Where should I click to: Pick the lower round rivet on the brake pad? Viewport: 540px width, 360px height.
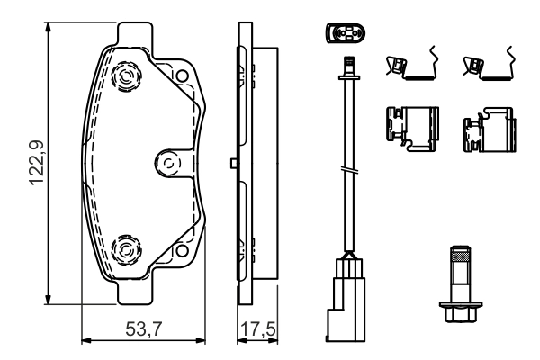[x=125, y=246]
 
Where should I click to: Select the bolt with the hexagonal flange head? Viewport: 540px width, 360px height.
[x=458, y=284]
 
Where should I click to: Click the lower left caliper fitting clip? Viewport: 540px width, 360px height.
[x=410, y=126]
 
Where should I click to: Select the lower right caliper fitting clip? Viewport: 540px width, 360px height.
[x=488, y=128]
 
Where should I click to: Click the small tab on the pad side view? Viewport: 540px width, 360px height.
[x=234, y=163]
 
